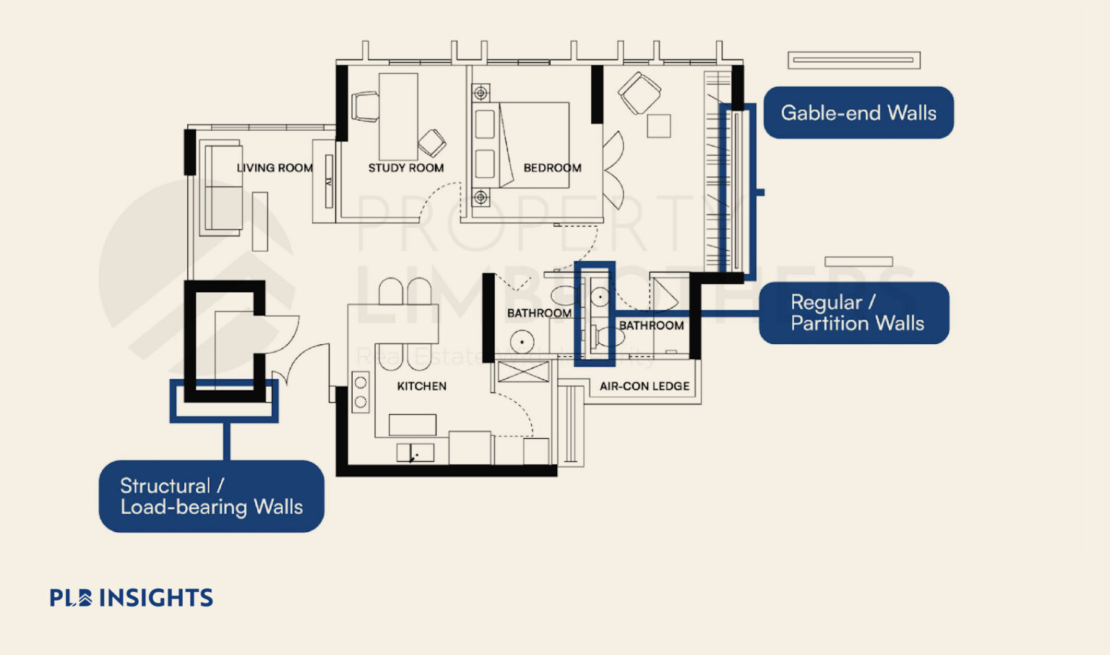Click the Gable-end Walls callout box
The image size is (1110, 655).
[x=859, y=113]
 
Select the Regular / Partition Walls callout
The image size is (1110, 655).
[x=854, y=313]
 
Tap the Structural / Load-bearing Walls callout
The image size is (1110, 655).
[x=211, y=497]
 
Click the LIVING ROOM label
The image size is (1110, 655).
[x=275, y=168]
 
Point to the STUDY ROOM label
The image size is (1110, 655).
[x=405, y=168]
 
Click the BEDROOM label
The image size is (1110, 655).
[x=552, y=168]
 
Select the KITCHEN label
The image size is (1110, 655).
[x=421, y=386]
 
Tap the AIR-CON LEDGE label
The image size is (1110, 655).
[x=644, y=386]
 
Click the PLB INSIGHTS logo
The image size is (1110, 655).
[x=132, y=598]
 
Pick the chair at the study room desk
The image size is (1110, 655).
[x=365, y=106]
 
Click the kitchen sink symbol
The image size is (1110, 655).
[x=415, y=453]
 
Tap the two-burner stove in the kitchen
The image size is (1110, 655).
[x=360, y=392]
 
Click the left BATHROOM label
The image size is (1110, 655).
[x=538, y=313]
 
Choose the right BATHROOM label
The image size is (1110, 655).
[x=651, y=325]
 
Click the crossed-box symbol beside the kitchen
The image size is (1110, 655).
[x=522, y=372]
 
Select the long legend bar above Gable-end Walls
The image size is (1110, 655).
[x=853, y=60]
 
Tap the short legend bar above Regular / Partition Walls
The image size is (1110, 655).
[x=859, y=262]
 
